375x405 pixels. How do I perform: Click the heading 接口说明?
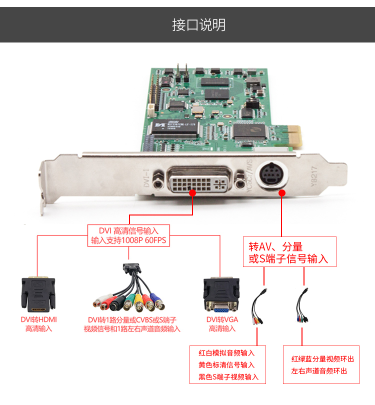[x=199, y=25]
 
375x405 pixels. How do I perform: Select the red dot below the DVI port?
[x=192, y=193]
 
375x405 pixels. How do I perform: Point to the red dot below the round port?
[x=282, y=193]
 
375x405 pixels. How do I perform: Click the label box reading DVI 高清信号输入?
[x=128, y=235]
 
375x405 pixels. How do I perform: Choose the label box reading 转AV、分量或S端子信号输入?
[x=289, y=251]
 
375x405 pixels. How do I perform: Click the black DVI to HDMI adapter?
[x=38, y=294]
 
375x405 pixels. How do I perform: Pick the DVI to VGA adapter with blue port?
[x=221, y=295]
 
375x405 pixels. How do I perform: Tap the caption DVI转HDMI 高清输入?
[x=38, y=324]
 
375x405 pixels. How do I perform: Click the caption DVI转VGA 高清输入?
[x=222, y=324]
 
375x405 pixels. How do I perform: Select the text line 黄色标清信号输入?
[x=226, y=365]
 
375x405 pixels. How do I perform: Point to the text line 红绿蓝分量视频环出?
[x=322, y=359]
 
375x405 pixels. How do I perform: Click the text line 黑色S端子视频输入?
[x=228, y=377]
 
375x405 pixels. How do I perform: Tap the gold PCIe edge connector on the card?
[x=294, y=136]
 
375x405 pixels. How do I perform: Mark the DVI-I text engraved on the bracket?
[x=146, y=178]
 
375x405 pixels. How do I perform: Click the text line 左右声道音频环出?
[x=319, y=371]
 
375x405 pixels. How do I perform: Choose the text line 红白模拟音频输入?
[x=226, y=353]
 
